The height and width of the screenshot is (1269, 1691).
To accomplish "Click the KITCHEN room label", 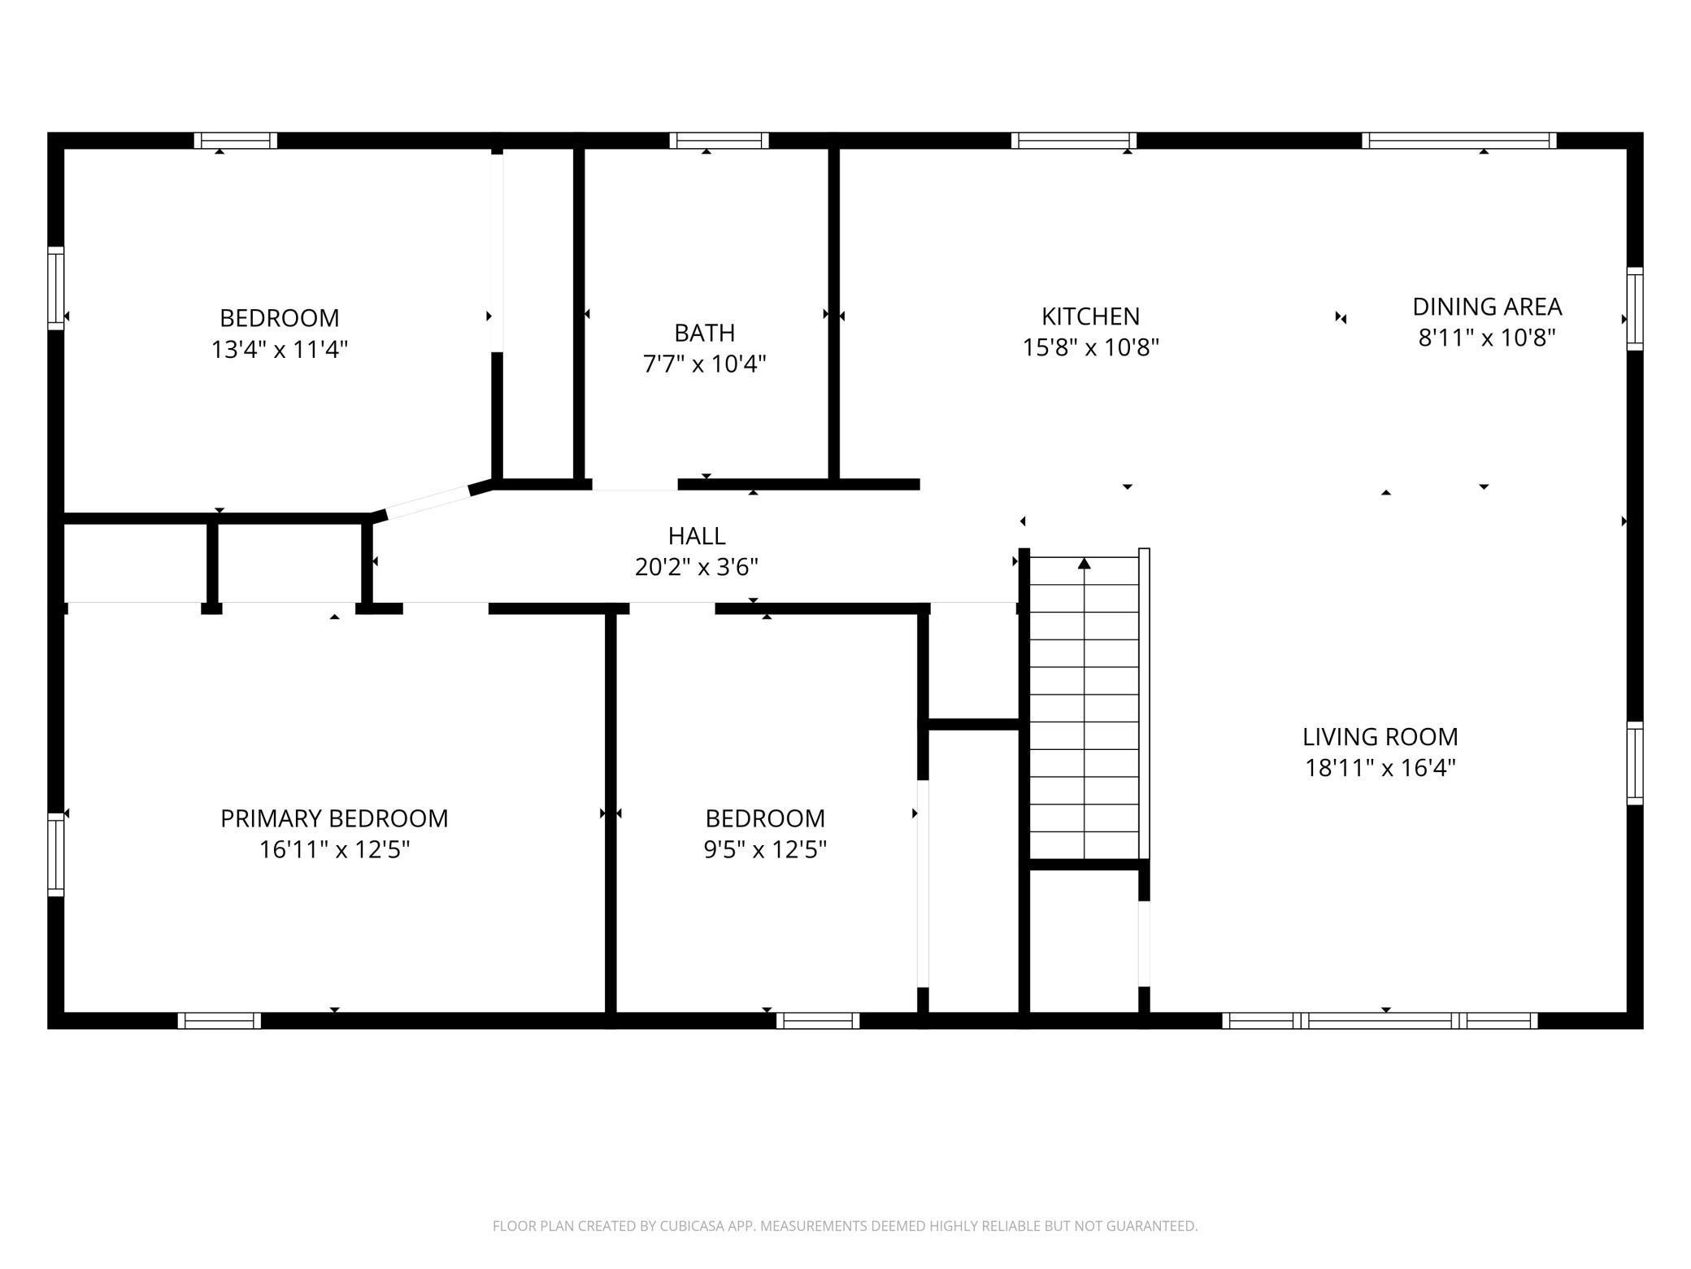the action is coord(1090,316).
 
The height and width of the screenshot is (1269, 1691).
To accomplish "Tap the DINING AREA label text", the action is coord(1487,307).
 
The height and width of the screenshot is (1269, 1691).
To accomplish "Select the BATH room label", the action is coord(704,333).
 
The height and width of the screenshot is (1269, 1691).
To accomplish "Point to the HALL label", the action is coord(697,536).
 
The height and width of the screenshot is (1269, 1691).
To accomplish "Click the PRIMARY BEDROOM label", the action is coord(334,818).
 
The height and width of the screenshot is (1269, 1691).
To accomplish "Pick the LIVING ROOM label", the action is coord(1380,737).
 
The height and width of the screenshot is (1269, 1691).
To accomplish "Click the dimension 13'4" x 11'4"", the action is coord(280,350).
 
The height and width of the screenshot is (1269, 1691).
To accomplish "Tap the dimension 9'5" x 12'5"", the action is coord(765,850).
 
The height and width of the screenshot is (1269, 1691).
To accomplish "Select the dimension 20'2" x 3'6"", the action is coord(697,567).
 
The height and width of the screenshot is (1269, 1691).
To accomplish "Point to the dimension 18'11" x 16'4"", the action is coord(1380,768).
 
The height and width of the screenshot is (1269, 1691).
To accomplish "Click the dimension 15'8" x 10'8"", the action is coord(1090,347).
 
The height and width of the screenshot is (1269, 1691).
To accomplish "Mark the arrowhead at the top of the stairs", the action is coord(1084,563).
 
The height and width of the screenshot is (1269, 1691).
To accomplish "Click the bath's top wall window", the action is coord(719,141).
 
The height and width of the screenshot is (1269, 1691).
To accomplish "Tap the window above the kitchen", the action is coord(1074,141).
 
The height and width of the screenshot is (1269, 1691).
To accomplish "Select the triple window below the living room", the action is coord(1380,1021).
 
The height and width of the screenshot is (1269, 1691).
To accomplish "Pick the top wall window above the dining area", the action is coord(1459,141).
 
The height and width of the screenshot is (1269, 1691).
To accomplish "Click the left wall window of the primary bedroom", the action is coord(56,854).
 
